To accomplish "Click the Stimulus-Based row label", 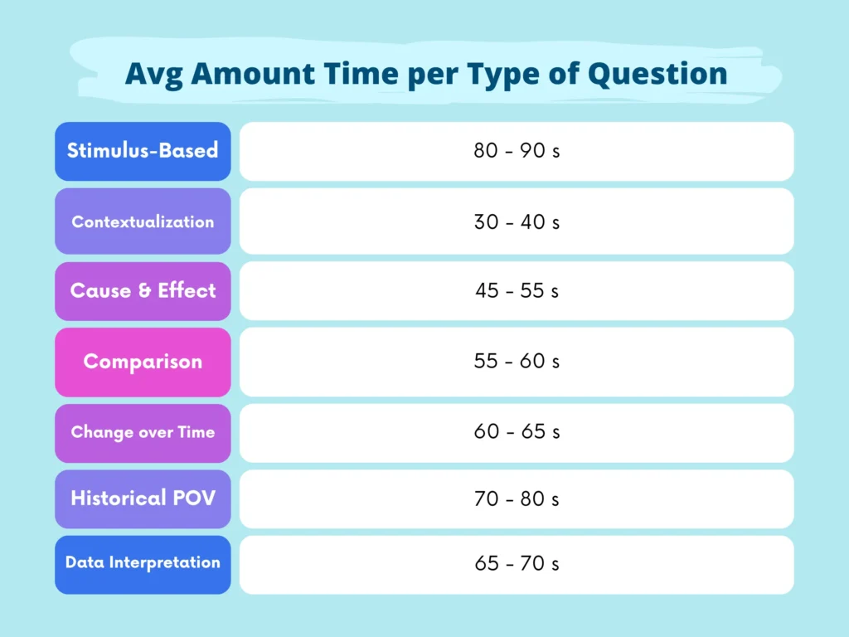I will (x=143, y=150).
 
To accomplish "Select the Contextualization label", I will (x=143, y=221).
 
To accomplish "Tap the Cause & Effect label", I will (x=143, y=290).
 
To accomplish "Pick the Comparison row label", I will (x=143, y=362).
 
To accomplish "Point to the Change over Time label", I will (x=143, y=432).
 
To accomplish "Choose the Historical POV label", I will (x=143, y=498).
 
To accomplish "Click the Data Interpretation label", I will (x=143, y=562).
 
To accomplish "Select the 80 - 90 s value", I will (x=517, y=152).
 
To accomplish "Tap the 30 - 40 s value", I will (x=517, y=222).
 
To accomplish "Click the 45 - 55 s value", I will (x=517, y=291).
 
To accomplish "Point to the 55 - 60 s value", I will (x=517, y=362).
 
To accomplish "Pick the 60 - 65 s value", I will (x=517, y=433).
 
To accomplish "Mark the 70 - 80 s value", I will (x=517, y=498).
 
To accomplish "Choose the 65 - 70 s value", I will (x=517, y=564).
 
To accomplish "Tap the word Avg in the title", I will (x=155, y=74).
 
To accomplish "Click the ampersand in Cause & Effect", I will (x=144, y=290).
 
